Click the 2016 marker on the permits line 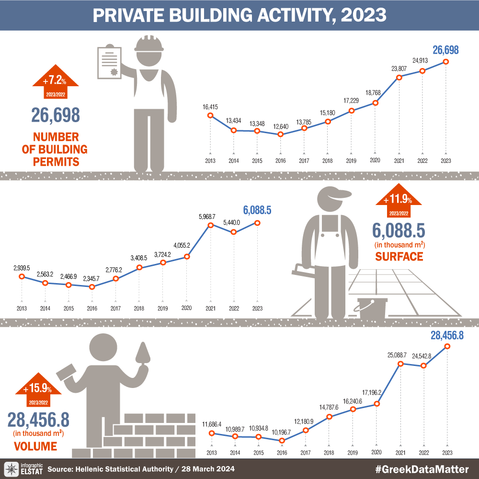tap(281, 134)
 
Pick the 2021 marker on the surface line tap(210, 225)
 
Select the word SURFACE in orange tap(399, 257)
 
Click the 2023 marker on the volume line tap(447, 346)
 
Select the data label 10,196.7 tap(282, 431)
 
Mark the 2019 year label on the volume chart tap(353, 453)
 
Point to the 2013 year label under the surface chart tap(22, 308)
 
